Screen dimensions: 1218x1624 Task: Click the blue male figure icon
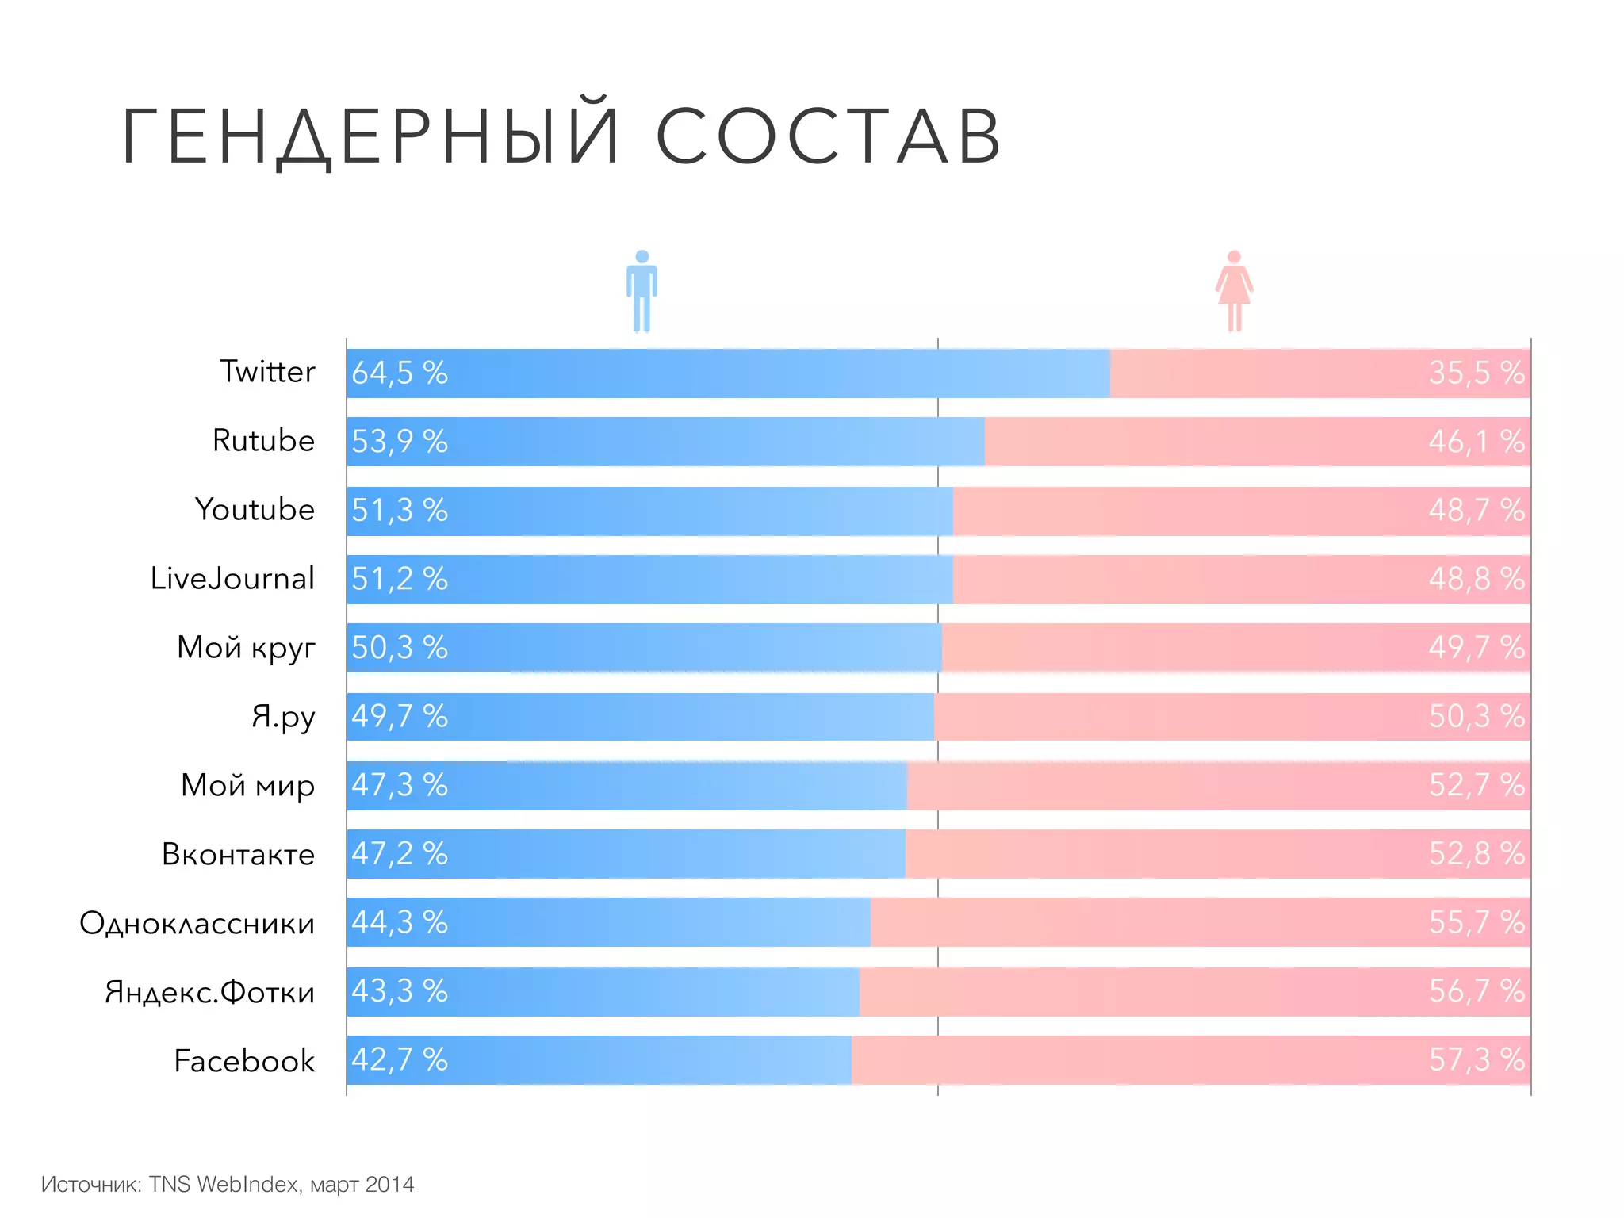point(642,291)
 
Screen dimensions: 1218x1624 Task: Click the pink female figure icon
point(1234,291)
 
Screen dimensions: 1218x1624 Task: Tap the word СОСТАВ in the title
point(828,136)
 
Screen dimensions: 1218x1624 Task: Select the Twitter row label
point(267,372)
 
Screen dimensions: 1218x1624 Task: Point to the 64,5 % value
point(400,373)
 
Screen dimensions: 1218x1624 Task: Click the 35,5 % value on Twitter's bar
point(1476,373)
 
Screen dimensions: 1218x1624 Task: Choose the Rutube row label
point(263,441)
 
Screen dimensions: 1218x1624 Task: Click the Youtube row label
point(255,510)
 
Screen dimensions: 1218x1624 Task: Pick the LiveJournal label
point(232,579)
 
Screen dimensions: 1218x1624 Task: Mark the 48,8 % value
point(1476,579)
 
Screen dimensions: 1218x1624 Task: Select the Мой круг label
point(246,648)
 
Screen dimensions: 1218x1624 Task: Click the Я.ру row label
point(283,717)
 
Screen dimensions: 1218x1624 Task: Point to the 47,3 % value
point(400,785)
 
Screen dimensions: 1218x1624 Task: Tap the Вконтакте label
point(238,854)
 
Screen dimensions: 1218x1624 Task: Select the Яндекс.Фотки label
point(210,992)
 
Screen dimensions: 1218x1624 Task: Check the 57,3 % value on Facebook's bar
point(1476,1059)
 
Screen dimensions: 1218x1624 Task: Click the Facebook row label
point(244,1061)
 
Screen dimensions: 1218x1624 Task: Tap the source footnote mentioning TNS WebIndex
point(228,1184)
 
